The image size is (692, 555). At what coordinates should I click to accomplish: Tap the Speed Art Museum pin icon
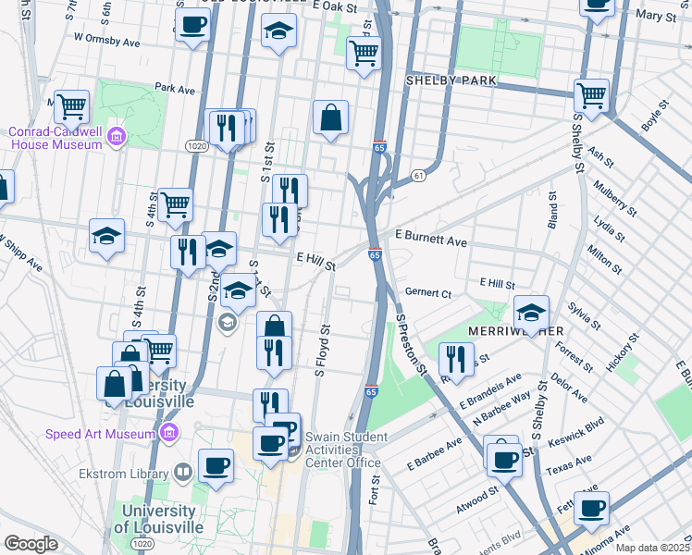pos(168,433)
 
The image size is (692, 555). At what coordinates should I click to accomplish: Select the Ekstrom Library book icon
pos(184,475)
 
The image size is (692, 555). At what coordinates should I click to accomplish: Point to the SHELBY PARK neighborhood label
pos(451,80)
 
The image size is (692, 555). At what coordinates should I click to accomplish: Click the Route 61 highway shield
pos(419,175)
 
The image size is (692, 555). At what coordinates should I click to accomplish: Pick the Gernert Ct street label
pos(426,293)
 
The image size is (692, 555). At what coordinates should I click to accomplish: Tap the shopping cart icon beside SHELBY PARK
pos(590,93)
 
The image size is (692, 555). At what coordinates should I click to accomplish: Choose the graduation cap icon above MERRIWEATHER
pos(531,312)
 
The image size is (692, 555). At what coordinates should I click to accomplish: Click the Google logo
pos(31,544)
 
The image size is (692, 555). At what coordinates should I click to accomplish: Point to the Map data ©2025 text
pos(651,548)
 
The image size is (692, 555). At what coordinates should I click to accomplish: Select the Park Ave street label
pos(175,90)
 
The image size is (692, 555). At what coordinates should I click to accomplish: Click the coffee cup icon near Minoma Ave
pos(590,507)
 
